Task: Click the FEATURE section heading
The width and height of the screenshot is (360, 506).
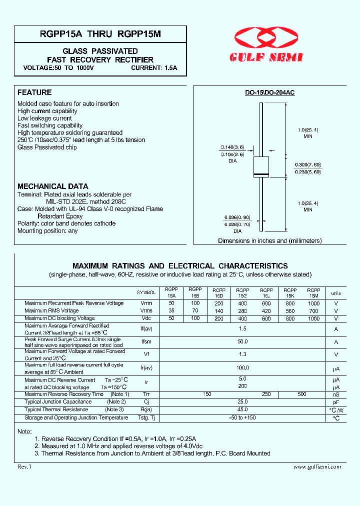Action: (x=34, y=92)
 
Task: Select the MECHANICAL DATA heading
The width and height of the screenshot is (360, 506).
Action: (x=53, y=186)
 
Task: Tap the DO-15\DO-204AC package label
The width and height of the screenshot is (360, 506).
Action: (x=269, y=92)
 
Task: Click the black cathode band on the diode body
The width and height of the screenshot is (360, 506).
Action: (x=261, y=174)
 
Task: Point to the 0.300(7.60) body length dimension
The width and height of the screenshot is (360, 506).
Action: (x=307, y=165)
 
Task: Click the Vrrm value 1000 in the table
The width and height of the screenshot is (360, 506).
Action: (x=313, y=303)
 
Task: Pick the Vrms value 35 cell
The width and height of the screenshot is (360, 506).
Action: (x=171, y=311)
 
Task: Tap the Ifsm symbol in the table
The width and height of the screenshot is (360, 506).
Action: (x=146, y=342)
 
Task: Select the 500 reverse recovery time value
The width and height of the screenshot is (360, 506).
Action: (x=302, y=394)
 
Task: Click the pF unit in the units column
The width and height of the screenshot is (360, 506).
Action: (x=336, y=402)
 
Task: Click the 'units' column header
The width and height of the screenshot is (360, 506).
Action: (x=336, y=293)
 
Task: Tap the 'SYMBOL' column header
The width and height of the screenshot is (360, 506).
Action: (x=146, y=292)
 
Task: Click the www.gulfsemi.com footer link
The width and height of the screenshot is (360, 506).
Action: (x=317, y=466)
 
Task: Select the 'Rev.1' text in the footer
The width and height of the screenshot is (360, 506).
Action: (x=24, y=466)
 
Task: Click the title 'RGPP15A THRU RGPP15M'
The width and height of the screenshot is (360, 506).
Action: (x=93, y=34)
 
